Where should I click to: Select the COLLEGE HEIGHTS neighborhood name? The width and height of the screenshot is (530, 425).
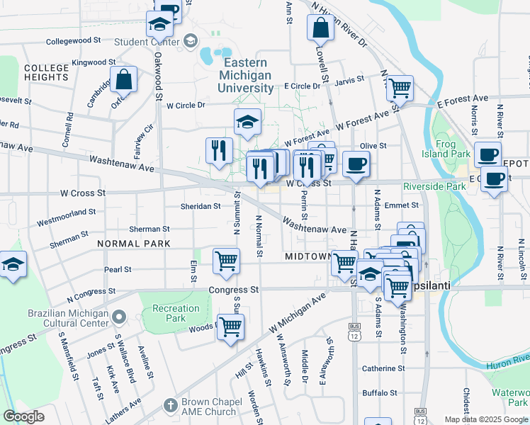point(46,72)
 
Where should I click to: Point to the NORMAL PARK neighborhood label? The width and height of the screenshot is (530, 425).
point(134,243)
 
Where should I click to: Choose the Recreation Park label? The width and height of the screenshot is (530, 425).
point(176,313)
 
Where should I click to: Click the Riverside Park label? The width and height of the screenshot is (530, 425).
point(434,186)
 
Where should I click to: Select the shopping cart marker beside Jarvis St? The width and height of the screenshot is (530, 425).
point(400,88)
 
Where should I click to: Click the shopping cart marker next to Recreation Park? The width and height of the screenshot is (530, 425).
point(230,327)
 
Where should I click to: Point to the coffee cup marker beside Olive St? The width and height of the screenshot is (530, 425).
point(356,163)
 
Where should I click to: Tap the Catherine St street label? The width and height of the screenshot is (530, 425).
point(383,368)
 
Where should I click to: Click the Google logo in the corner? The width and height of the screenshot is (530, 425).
point(23,416)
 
